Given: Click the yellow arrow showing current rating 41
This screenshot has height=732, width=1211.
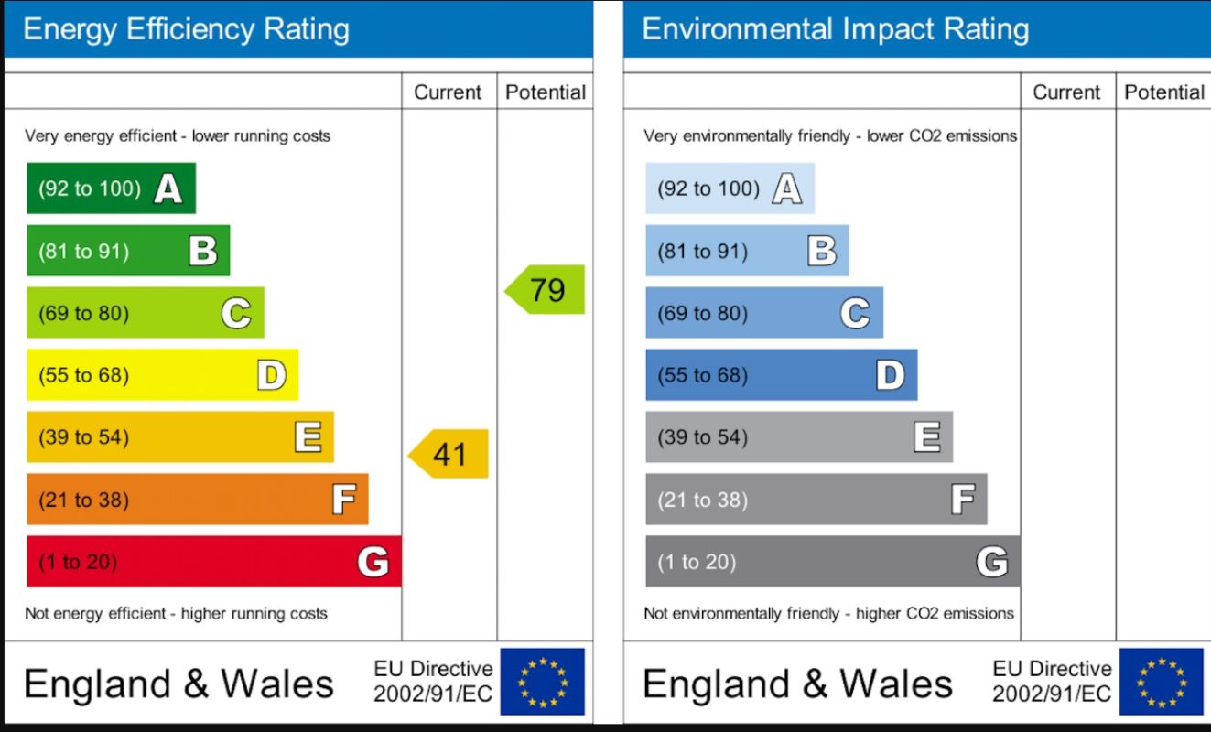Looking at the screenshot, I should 449,454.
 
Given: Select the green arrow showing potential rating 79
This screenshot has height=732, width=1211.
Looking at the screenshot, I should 546,290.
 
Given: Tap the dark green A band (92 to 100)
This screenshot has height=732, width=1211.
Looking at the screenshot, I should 111,188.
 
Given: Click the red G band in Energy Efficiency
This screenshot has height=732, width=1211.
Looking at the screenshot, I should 213,561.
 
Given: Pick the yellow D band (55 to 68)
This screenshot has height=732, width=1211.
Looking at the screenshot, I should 162,375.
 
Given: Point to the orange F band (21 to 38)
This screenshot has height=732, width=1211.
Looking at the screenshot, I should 197,500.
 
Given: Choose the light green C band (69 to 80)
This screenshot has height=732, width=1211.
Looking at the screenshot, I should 145,313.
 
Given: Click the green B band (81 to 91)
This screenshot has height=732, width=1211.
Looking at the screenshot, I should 128,251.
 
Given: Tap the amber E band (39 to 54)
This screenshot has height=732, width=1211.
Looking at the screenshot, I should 179,437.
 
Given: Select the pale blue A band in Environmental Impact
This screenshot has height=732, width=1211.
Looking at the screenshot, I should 730,188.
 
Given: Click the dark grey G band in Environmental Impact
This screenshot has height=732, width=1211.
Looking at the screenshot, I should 832,561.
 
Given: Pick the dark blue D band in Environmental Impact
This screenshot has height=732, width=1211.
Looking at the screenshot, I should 781,375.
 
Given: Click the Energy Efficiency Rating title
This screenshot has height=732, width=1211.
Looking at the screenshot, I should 186,29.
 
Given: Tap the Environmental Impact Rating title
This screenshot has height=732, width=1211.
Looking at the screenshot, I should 835,29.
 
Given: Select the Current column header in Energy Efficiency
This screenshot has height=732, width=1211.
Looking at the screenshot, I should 448,92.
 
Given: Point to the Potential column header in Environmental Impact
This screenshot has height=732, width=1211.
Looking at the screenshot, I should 1163,92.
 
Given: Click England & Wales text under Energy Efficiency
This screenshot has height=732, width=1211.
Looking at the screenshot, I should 178,684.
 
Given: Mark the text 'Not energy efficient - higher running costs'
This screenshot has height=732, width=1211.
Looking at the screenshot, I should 176,613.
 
